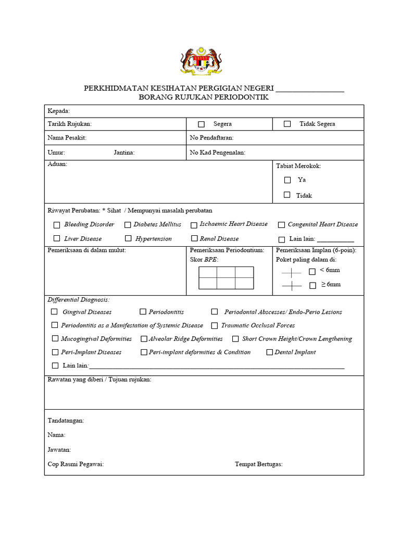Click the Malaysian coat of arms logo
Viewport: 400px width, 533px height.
point(201,61)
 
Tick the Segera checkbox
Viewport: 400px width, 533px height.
point(201,124)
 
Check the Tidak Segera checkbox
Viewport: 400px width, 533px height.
point(287,124)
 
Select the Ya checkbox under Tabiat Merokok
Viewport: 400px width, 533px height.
point(287,180)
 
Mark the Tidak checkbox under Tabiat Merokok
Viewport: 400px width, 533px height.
point(287,195)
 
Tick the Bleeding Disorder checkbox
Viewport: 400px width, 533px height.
point(57,225)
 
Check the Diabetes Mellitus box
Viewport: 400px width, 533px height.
point(128,225)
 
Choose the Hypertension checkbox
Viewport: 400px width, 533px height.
point(128,238)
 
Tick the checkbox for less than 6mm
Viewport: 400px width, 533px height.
point(312,271)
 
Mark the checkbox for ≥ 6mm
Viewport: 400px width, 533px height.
point(312,285)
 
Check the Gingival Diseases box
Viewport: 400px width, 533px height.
point(54,312)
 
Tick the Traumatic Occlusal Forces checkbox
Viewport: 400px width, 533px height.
point(214,326)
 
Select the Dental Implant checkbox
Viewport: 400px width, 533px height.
point(270,352)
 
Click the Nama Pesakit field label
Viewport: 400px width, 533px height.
point(67,138)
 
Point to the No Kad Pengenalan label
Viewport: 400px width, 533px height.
point(217,153)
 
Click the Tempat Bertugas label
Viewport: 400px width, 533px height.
point(258,464)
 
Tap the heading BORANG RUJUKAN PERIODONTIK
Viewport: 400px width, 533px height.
point(204,97)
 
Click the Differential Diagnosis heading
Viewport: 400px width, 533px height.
point(79,300)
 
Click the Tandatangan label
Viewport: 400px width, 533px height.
point(66,421)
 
